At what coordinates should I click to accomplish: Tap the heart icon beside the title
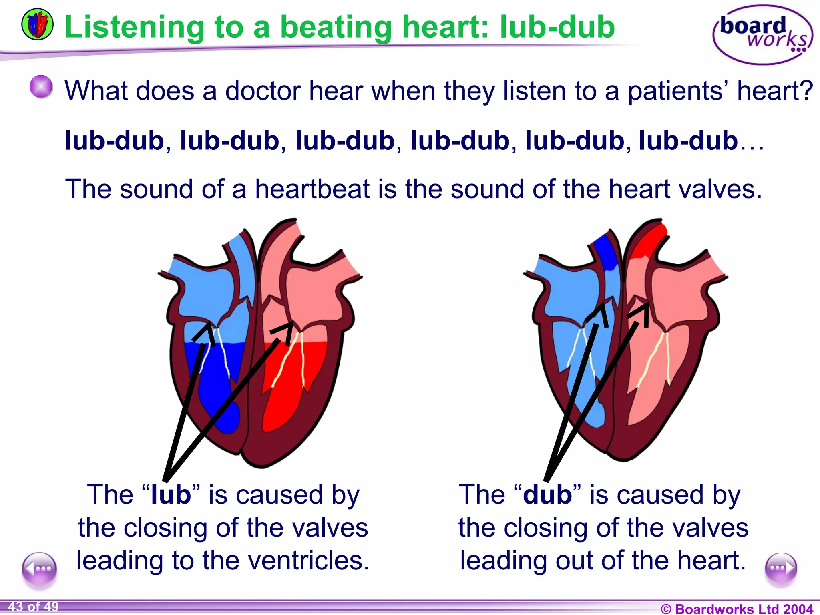coord(37,25)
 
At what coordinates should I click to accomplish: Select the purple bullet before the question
coord(41,86)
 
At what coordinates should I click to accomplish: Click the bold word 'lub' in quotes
coord(171,494)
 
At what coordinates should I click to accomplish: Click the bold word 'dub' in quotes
coord(547,494)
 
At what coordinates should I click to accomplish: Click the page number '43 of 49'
coord(34,607)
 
